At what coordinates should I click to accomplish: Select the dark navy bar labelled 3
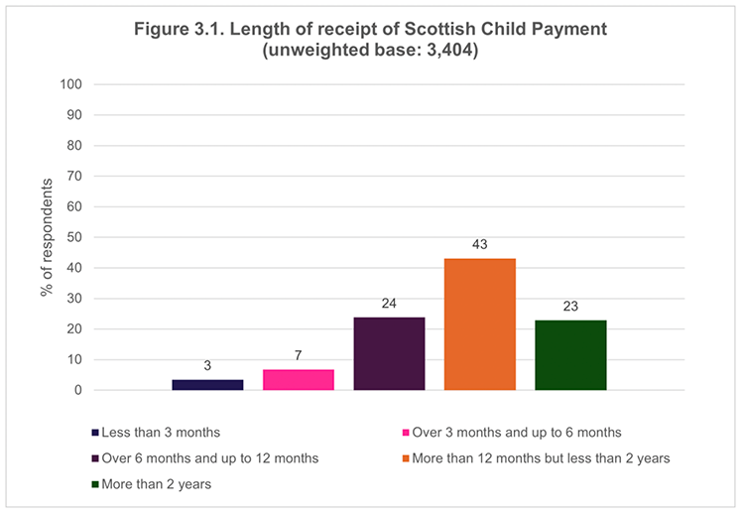pyautogui.click(x=207, y=385)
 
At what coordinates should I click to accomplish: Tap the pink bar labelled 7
pyautogui.click(x=298, y=380)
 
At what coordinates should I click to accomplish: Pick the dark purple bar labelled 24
pyautogui.click(x=389, y=353)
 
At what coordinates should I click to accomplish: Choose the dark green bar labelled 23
pyautogui.click(x=570, y=355)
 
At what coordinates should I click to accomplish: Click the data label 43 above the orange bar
pyautogui.click(x=479, y=244)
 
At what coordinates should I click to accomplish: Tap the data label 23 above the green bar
pyautogui.click(x=570, y=306)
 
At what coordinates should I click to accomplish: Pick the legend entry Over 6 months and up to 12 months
pyautogui.click(x=209, y=458)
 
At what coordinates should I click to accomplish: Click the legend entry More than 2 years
pyautogui.click(x=155, y=484)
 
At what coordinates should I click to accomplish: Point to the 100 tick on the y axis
pyautogui.click(x=70, y=84)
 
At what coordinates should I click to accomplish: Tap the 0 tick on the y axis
pyautogui.click(x=76, y=390)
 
